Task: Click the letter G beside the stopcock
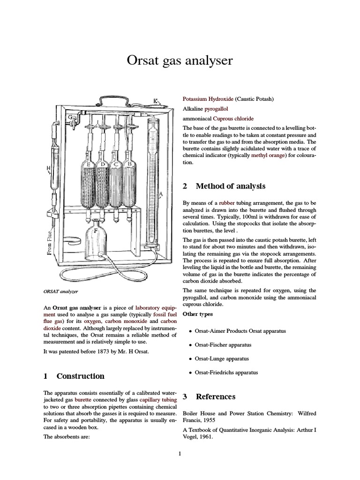coord(70,117)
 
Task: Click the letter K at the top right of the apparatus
coord(156,100)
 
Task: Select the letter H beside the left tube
coord(47,168)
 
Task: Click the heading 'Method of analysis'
coord(230,186)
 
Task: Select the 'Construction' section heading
coord(80,376)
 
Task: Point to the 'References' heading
coord(215,397)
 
